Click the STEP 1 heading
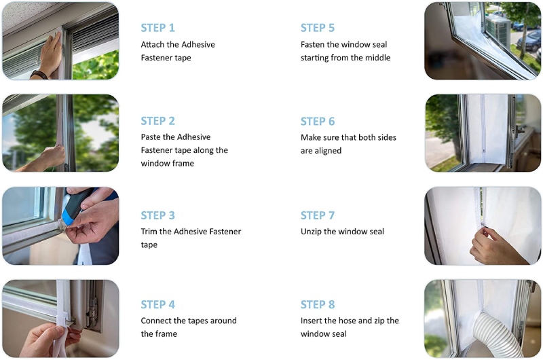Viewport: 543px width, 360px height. (157, 28)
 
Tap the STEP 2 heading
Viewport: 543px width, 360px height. (157, 121)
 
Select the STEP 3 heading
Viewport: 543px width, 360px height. (157, 215)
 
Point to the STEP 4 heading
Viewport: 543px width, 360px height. (157, 304)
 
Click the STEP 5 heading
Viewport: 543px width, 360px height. (318, 28)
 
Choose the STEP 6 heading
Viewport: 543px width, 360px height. (318, 121)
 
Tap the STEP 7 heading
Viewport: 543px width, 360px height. (318, 215)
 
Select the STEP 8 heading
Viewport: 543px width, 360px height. (318, 304)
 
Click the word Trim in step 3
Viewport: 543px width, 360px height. (150, 232)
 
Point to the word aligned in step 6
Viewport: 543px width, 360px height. (329, 151)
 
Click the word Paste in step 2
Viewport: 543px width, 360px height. (151, 137)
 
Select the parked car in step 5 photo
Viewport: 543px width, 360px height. (529, 41)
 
